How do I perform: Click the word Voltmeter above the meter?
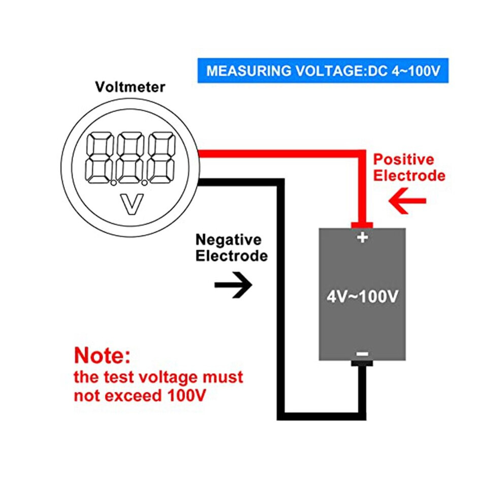(x=130, y=87)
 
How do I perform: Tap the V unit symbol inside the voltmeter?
(x=132, y=204)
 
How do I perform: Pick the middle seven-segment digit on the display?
(x=130, y=158)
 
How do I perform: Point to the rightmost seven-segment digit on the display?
(x=162, y=158)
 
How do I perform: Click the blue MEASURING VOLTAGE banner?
(x=323, y=71)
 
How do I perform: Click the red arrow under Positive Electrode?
(x=407, y=201)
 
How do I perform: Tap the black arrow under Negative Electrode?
(x=233, y=285)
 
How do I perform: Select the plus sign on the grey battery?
(x=362, y=238)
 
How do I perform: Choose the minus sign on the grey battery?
(x=362, y=354)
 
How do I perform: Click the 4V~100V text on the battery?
(x=362, y=296)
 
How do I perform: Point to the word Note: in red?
(x=102, y=356)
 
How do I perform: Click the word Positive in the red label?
(x=403, y=160)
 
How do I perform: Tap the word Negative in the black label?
(x=229, y=240)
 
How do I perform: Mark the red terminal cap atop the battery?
(x=362, y=225)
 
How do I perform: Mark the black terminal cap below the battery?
(x=362, y=363)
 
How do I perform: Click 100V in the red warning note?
(x=186, y=395)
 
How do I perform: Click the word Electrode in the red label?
(x=410, y=175)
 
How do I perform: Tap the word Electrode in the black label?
(x=232, y=256)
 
